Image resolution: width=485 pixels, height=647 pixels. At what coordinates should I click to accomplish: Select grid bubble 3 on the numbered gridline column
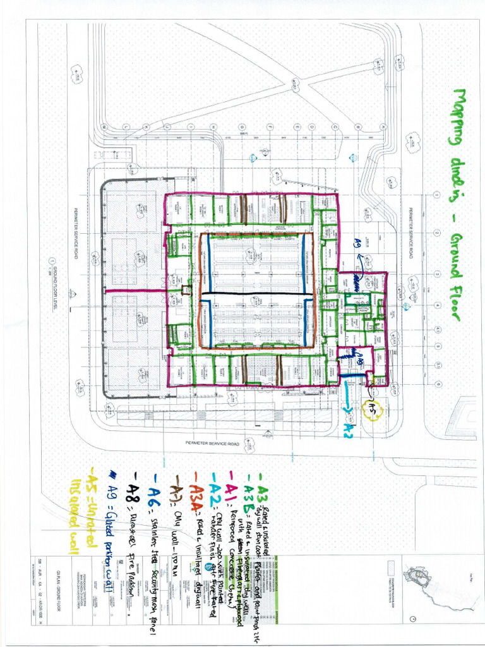[x=436, y=274]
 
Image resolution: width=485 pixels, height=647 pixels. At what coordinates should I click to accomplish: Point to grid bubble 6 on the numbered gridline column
[x=436, y=384]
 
